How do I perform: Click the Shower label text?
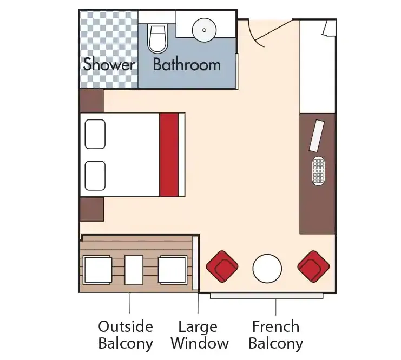point(109,65)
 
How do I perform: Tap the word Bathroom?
point(187,65)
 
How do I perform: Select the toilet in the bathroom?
point(157,38)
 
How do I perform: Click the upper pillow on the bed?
point(95,134)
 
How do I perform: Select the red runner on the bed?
point(169,155)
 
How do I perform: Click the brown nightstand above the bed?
point(91,101)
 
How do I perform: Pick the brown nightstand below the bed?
point(91,209)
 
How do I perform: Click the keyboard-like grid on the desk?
point(319,171)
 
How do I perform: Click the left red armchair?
point(222,266)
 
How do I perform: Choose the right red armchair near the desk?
point(313,266)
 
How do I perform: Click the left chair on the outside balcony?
point(97,270)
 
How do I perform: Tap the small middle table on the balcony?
point(134,270)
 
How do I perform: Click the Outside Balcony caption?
point(126,335)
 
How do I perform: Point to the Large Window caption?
point(198,335)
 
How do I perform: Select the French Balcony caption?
point(275,335)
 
